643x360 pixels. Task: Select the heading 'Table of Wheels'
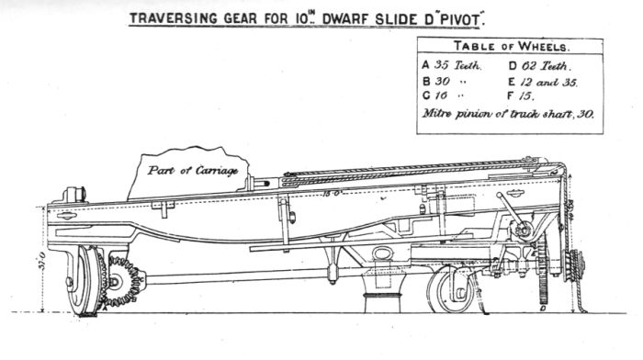pos(510,46)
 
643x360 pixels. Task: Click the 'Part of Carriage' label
pos(186,170)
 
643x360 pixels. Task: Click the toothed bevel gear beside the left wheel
pos(123,279)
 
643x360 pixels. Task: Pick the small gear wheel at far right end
pos(575,265)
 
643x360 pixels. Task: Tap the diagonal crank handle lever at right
pos(511,212)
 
